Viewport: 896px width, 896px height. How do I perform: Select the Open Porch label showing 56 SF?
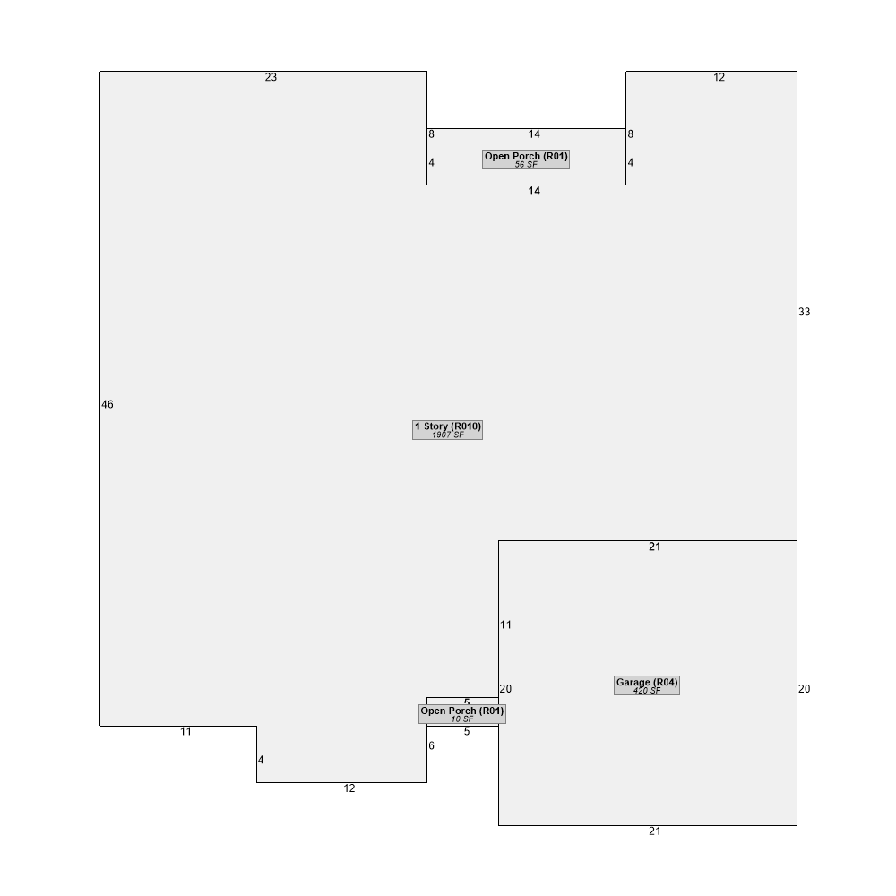[526, 159]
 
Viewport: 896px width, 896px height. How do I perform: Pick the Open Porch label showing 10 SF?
[462, 714]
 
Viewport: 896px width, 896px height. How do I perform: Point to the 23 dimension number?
[271, 77]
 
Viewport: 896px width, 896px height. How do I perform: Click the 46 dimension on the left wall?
[108, 405]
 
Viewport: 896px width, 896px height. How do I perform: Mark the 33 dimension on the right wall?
[805, 312]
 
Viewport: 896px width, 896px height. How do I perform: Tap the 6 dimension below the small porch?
[432, 745]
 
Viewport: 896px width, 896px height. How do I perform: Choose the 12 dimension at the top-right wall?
[719, 77]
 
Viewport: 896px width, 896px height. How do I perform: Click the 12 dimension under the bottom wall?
[349, 788]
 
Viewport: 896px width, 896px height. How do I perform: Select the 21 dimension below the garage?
[655, 831]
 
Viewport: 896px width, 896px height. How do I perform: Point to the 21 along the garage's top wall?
[655, 547]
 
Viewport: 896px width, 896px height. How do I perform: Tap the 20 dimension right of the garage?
[805, 689]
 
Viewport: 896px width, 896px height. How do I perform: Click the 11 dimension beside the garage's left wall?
[505, 625]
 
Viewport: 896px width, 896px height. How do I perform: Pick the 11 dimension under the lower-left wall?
[185, 731]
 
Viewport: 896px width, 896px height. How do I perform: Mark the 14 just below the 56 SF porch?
[534, 191]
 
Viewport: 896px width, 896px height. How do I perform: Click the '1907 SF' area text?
[447, 435]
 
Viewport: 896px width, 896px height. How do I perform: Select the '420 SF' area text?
[647, 690]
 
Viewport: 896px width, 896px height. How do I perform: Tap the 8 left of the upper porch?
[432, 134]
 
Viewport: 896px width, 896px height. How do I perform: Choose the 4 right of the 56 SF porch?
[630, 163]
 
